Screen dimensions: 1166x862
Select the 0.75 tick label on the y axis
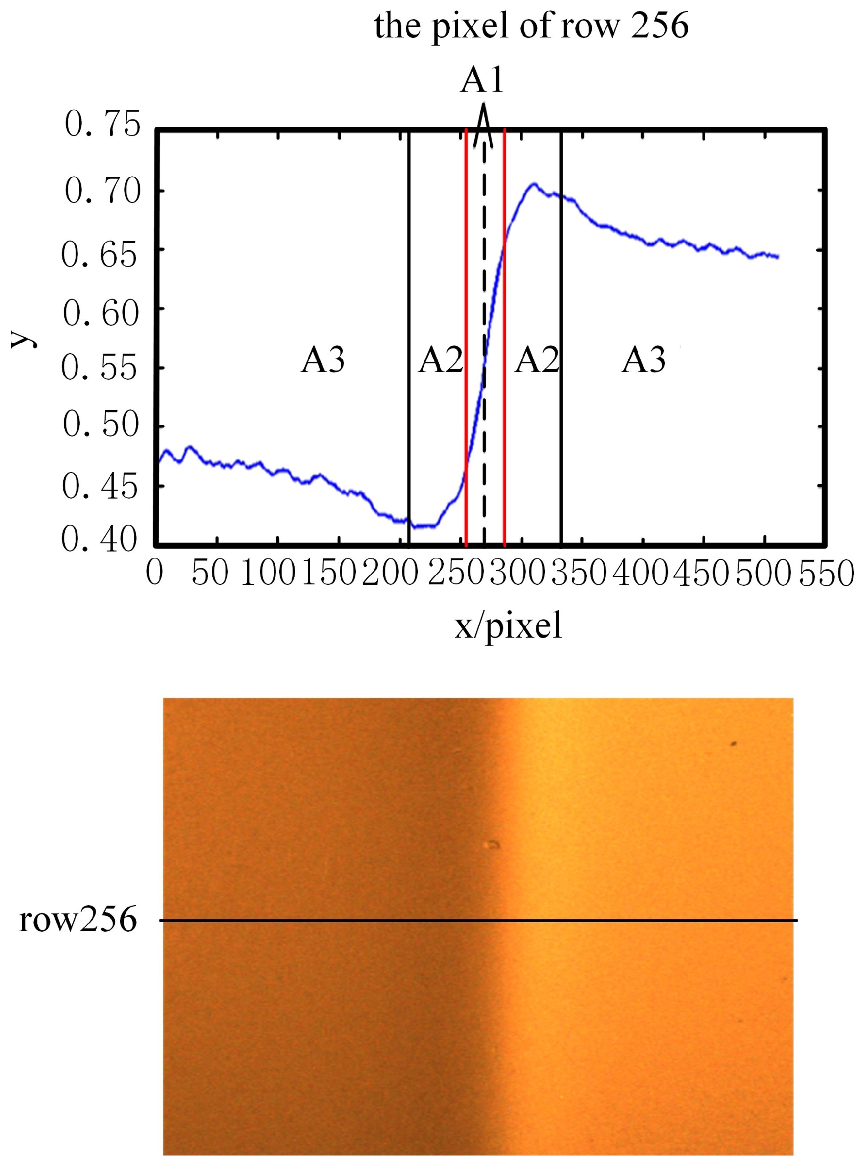(x=102, y=125)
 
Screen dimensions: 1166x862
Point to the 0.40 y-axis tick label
(x=99, y=540)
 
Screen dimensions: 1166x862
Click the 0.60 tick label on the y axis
(x=101, y=314)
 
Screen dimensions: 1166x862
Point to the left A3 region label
(x=323, y=360)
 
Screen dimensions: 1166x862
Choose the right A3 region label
(x=643, y=360)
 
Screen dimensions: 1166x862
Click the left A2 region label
(x=441, y=360)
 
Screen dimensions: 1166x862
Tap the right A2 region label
(x=536, y=360)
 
